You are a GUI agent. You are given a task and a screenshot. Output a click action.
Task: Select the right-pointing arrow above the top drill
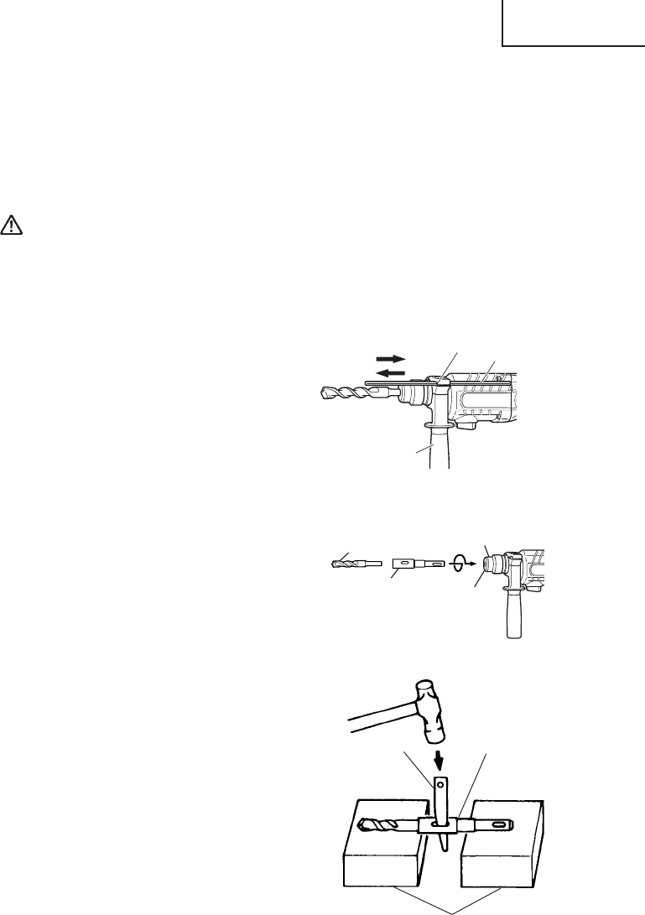tap(391, 357)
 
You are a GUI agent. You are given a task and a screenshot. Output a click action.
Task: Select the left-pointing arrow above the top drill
tap(391, 374)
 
